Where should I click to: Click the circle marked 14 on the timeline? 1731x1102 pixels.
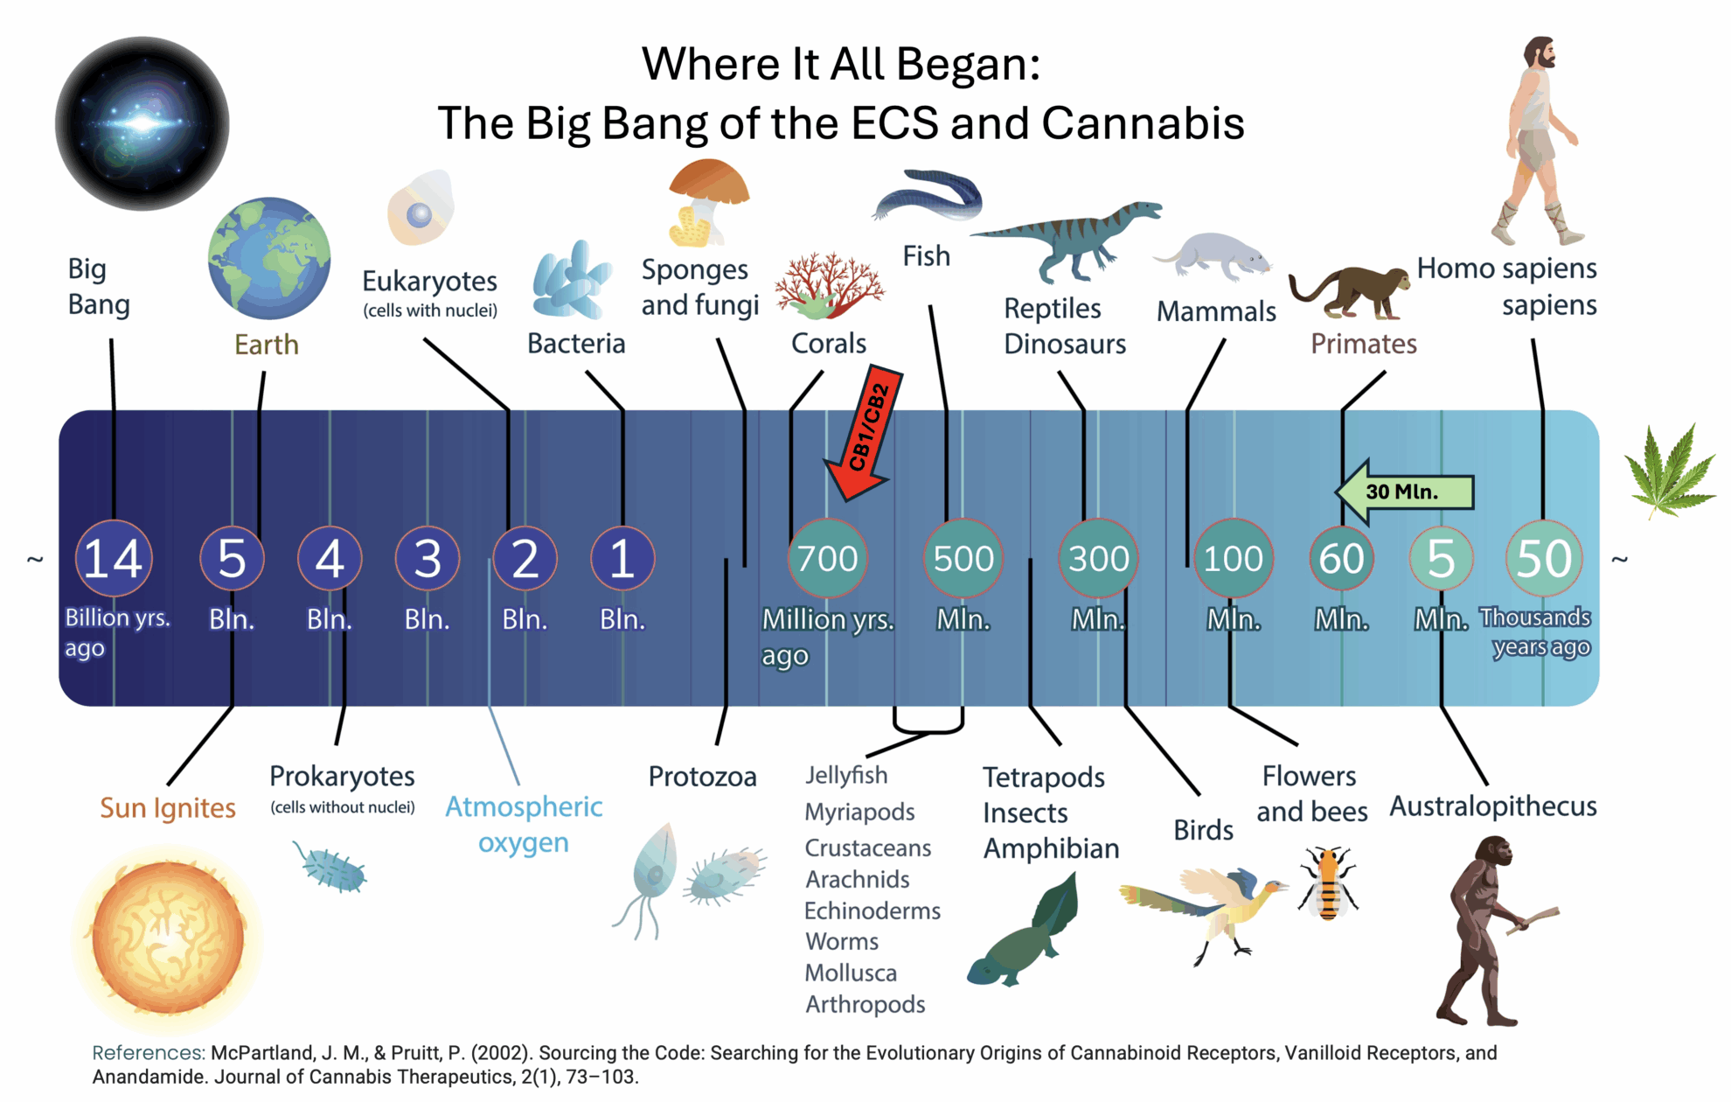tap(114, 558)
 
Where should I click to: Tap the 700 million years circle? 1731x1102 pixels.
tap(828, 558)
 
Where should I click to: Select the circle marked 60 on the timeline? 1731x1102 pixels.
tap(1341, 558)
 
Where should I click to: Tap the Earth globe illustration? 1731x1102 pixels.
tap(269, 258)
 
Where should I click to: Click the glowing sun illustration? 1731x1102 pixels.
tap(168, 938)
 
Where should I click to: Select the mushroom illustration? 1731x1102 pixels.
tap(706, 201)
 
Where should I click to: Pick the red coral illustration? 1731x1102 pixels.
tap(829, 285)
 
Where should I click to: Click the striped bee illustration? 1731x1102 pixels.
tap(1327, 883)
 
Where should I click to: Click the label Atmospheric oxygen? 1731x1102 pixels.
tap(524, 824)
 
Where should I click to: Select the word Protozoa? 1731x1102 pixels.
tap(702, 777)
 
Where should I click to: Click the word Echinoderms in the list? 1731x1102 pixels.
tap(872, 911)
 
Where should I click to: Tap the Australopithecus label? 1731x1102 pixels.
tap(1493, 806)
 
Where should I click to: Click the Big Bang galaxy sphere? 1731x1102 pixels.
tap(142, 123)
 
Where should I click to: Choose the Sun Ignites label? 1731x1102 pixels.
tap(168, 808)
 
